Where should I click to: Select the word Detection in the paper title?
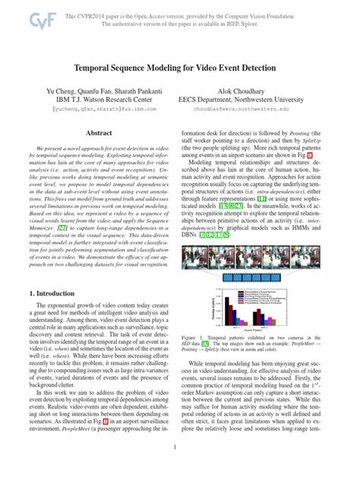click(261, 67)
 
